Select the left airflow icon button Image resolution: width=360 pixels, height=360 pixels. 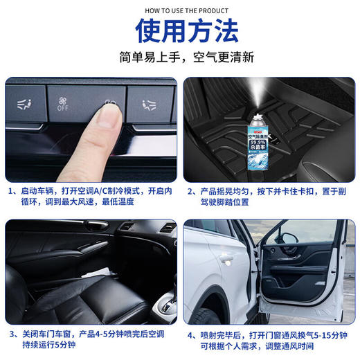coord(23,105)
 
